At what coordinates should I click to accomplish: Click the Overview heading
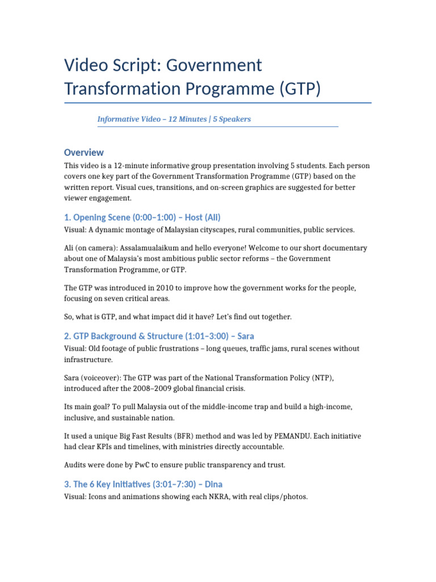[x=84, y=152]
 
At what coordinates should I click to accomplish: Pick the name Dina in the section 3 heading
[x=213, y=484]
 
